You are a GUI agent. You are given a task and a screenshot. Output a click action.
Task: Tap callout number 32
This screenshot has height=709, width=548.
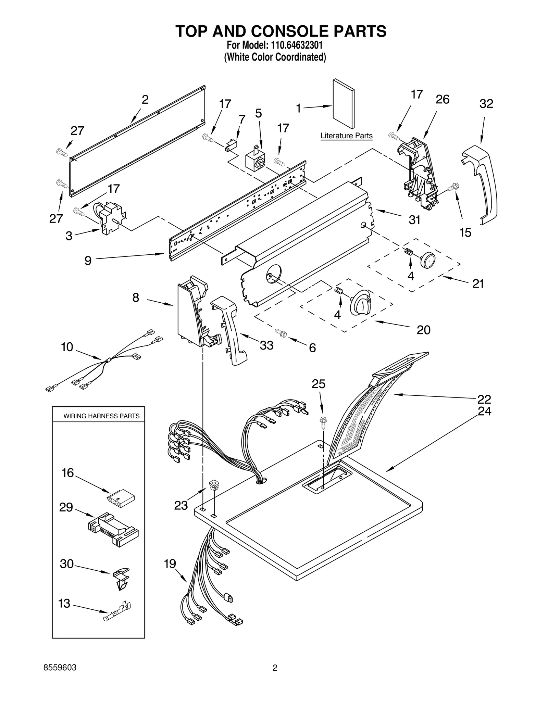486,104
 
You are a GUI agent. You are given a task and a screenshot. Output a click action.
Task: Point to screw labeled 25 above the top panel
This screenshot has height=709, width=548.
322,423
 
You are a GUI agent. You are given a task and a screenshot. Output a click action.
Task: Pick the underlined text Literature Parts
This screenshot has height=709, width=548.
346,136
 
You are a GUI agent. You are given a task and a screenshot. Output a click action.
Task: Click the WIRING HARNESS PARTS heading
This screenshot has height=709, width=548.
101,416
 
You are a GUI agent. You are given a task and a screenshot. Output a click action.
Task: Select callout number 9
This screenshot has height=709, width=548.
88,261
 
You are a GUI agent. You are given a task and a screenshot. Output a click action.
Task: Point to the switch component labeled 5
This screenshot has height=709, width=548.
256,160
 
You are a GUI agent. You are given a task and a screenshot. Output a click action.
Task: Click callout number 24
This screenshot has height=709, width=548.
484,411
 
